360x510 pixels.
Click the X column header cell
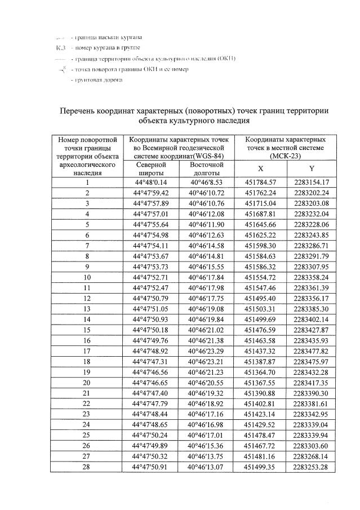(x=260, y=168)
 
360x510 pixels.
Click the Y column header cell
(x=312, y=168)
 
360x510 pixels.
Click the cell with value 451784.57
(x=260, y=182)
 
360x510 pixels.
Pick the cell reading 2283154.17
(x=312, y=182)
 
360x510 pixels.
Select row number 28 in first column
(x=87, y=467)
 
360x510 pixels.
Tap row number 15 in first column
(x=87, y=330)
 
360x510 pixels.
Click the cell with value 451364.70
(x=260, y=372)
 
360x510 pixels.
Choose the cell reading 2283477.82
(x=312, y=351)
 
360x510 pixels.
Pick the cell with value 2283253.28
(x=312, y=467)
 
